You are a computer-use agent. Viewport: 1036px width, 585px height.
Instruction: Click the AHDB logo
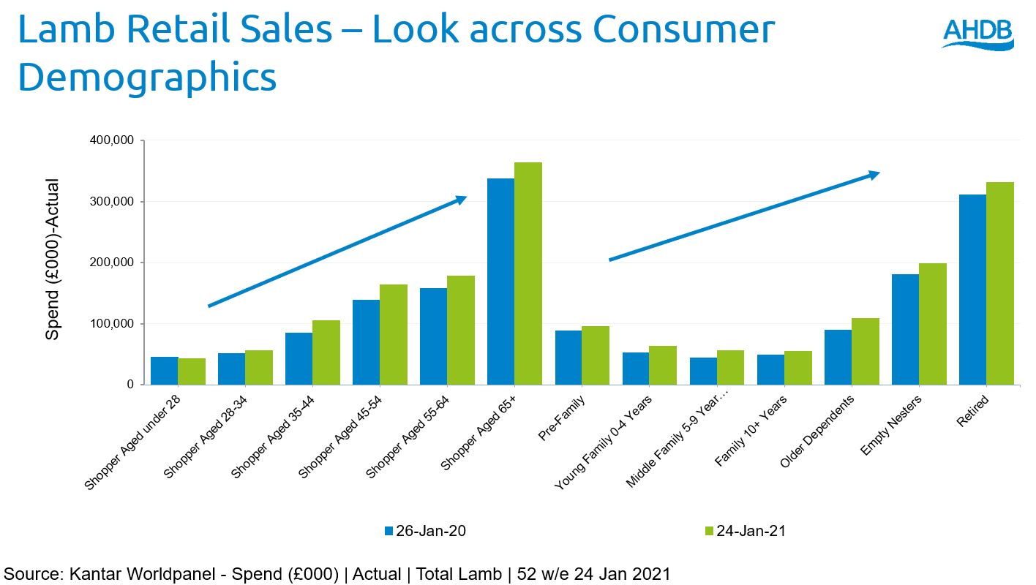point(977,34)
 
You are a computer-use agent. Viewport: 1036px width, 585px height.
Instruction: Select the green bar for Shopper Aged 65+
point(528,273)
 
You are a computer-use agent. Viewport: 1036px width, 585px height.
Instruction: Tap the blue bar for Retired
point(972,290)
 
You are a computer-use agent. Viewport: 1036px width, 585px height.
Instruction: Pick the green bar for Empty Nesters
point(932,324)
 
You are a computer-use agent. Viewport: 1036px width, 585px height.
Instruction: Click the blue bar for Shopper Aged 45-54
point(366,342)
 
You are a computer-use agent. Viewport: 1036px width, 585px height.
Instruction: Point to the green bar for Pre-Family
point(596,355)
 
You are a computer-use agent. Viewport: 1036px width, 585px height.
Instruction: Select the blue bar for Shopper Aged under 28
point(165,371)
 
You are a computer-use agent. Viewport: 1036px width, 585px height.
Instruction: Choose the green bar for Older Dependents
point(865,352)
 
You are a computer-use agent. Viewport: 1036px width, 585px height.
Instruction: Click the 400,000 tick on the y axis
point(111,140)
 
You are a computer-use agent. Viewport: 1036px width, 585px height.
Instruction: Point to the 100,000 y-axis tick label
point(111,324)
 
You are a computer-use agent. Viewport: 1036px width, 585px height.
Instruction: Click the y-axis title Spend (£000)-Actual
point(53,260)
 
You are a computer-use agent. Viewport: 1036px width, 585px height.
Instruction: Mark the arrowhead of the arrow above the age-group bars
point(460,199)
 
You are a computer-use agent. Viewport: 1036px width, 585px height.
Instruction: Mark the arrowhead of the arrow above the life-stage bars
point(873,174)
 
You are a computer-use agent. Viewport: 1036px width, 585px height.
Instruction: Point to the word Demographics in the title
point(147,77)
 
